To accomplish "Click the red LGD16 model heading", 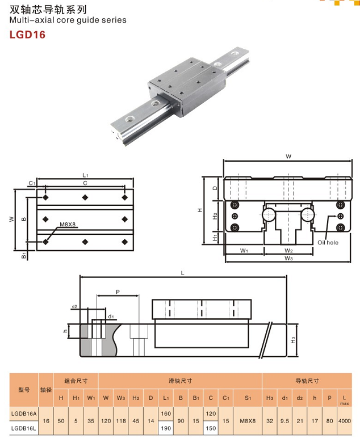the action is (27, 35).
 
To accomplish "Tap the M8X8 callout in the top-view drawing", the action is (68, 225).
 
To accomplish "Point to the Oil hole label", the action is (328, 243).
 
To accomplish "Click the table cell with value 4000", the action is (344, 421).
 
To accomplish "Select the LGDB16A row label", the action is (24, 414).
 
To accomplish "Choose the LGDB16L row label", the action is (24, 428).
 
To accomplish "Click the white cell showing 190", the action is (166, 428).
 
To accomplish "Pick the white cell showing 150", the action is (211, 428).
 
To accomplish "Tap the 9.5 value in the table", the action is (284, 421).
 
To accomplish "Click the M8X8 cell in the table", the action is (248, 421).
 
